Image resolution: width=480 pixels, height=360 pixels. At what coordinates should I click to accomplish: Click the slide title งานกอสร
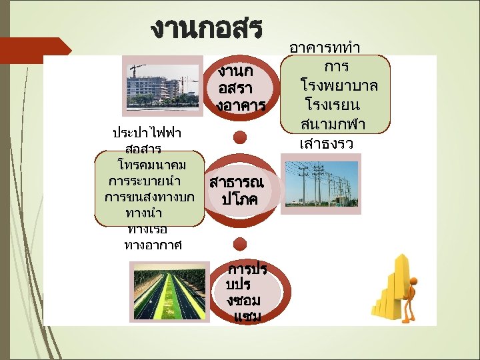click(207, 28)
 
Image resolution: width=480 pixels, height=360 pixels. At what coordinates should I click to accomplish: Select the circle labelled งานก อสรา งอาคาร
click(241, 89)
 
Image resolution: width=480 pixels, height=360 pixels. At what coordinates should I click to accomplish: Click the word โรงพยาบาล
click(339, 86)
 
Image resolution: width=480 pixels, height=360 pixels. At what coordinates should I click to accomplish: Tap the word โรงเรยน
click(333, 105)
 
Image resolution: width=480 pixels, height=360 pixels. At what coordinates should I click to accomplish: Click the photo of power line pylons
click(321, 183)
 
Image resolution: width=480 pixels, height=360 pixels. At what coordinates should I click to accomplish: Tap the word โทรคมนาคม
click(151, 164)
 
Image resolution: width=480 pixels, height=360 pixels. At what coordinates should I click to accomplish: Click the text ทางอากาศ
click(153, 245)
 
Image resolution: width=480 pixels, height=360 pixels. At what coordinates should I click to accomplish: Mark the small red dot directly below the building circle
click(241, 137)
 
